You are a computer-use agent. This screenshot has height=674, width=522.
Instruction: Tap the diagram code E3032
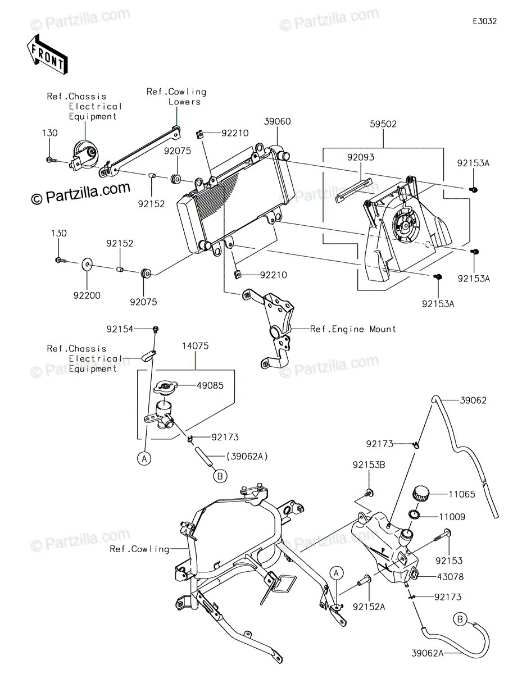coord(484,21)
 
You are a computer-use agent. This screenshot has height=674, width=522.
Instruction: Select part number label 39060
coord(277,121)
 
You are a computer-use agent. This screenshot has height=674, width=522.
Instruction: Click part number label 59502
coord(383,124)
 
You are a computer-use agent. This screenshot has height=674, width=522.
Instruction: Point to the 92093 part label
coord(360,157)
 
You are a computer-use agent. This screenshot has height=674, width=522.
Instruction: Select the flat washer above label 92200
coord(87,265)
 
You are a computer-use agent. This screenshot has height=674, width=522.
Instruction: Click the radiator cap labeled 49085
coord(165,388)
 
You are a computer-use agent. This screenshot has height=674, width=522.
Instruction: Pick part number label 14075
coord(196,345)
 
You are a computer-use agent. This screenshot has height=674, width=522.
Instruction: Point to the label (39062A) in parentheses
coord(247,456)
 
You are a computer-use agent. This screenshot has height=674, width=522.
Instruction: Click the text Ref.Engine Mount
coord(353,329)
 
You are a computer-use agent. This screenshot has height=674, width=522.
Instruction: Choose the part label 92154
coord(120,329)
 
